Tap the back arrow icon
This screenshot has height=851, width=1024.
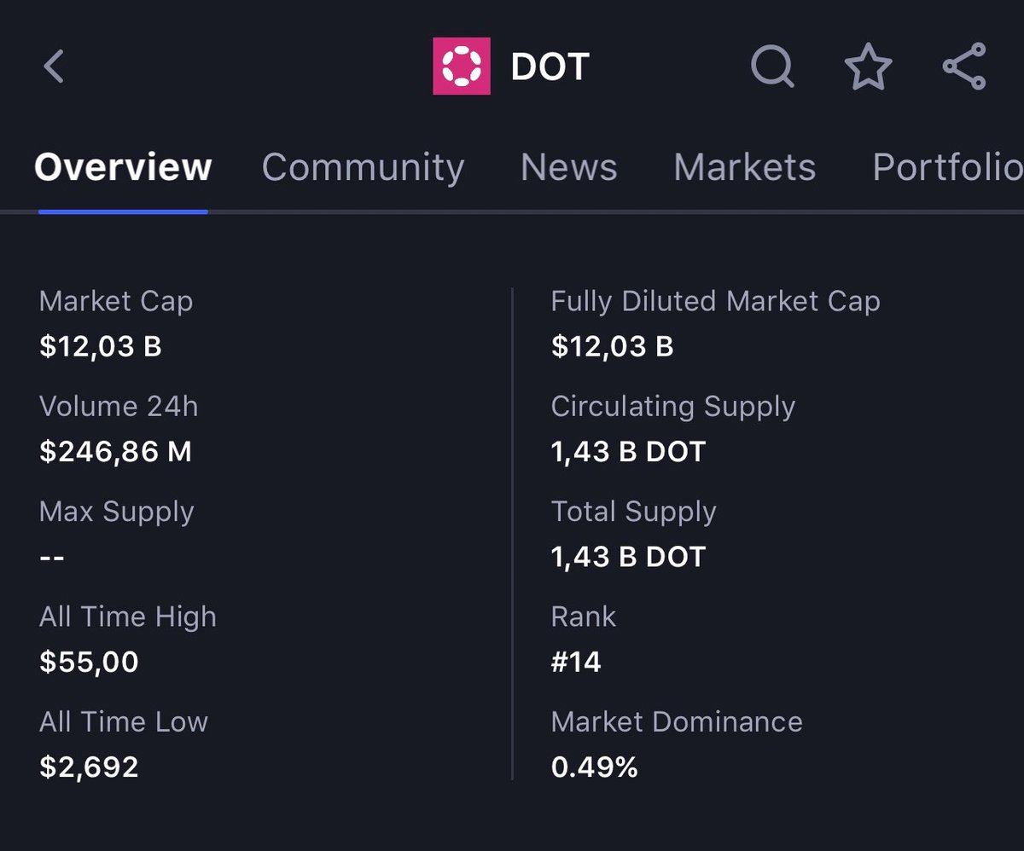point(54,67)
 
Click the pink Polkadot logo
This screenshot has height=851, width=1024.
point(462,67)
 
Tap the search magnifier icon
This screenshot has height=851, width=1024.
point(772,67)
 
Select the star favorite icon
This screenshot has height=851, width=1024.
point(868,67)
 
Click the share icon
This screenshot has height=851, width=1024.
point(964,67)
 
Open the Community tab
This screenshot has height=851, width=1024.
point(363,168)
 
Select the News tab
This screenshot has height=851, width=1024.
point(569,167)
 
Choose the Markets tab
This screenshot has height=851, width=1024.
point(744,167)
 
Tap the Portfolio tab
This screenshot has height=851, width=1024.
point(948,167)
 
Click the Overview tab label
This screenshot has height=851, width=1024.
point(123,167)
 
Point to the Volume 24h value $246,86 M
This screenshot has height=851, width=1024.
point(115,451)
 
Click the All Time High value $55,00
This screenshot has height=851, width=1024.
point(89,662)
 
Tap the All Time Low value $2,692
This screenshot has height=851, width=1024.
point(89,767)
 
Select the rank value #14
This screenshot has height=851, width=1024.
point(576,662)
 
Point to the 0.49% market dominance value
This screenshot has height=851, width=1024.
point(595,767)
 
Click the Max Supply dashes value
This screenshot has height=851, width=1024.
point(52,558)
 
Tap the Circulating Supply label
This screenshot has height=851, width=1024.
point(673,407)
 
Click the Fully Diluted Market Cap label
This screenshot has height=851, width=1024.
point(716,302)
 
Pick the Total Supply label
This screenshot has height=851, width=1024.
point(634,512)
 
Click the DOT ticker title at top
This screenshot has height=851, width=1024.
point(550,67)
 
